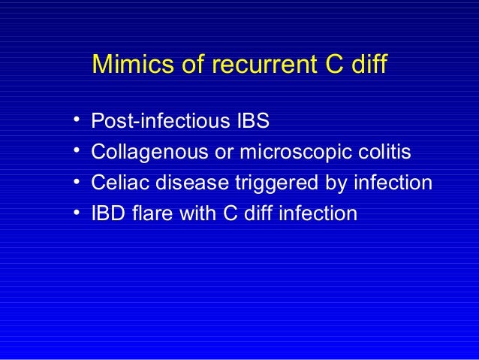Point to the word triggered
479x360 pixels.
[x=261, y=183]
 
